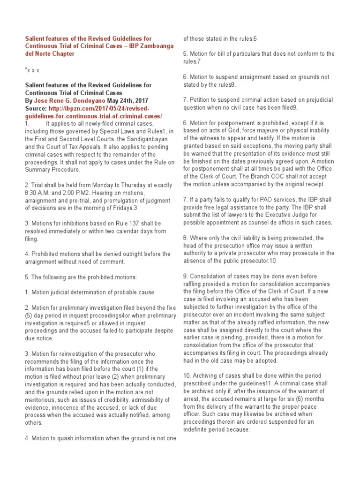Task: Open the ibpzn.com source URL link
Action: [x=94, y=112]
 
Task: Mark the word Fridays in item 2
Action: [x=119, y=208]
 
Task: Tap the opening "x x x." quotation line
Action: [x=32, y=70]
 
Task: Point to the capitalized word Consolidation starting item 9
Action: [x=210, y=277]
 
